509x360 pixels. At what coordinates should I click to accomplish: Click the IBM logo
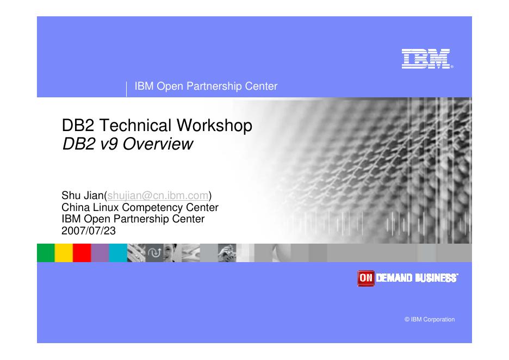pos(427,59)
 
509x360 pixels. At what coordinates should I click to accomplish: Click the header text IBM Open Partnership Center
pos(206,86)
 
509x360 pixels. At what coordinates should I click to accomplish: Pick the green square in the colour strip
pos(46,253)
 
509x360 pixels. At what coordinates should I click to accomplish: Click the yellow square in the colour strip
pos(64,253)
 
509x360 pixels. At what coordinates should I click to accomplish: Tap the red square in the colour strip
pos(82,253)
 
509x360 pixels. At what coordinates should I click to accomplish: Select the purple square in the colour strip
pos(100,253)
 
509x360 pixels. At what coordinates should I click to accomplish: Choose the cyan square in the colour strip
pos(117,253)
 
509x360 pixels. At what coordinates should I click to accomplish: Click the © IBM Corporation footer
pos(430,319)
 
